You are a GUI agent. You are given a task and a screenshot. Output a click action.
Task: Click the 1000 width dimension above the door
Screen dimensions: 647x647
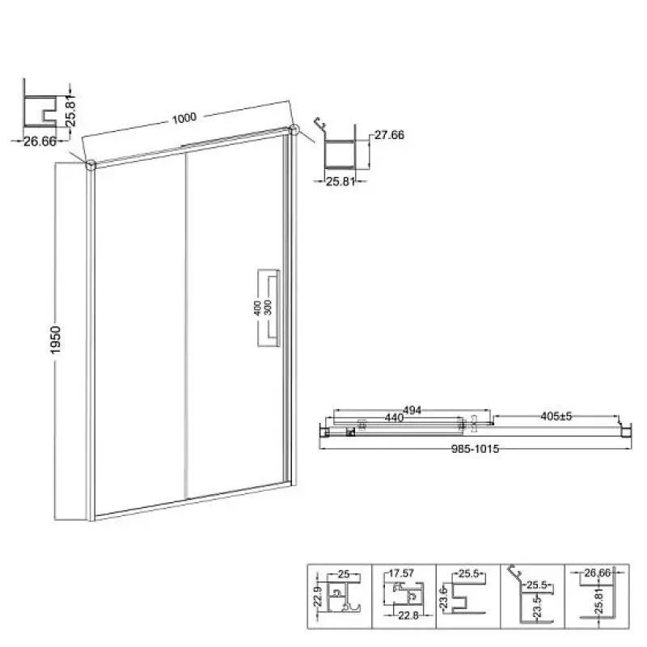184,118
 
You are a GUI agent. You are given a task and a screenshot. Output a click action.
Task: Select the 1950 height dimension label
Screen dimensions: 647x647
55,340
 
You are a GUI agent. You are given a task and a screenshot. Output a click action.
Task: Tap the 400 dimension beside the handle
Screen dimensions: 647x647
257,308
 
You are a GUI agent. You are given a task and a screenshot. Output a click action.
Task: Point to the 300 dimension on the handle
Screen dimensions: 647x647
268,308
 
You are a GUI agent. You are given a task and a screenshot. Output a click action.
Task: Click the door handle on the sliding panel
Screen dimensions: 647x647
269,308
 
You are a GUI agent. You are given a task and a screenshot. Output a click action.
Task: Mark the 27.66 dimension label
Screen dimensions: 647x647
389,135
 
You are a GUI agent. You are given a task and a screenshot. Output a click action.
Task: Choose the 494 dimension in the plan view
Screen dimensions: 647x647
412,410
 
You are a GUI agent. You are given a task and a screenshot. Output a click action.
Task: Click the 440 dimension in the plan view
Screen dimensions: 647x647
394,418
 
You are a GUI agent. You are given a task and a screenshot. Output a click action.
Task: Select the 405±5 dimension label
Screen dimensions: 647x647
556,417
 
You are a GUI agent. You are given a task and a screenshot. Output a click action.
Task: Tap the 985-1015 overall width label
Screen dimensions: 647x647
476,449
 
